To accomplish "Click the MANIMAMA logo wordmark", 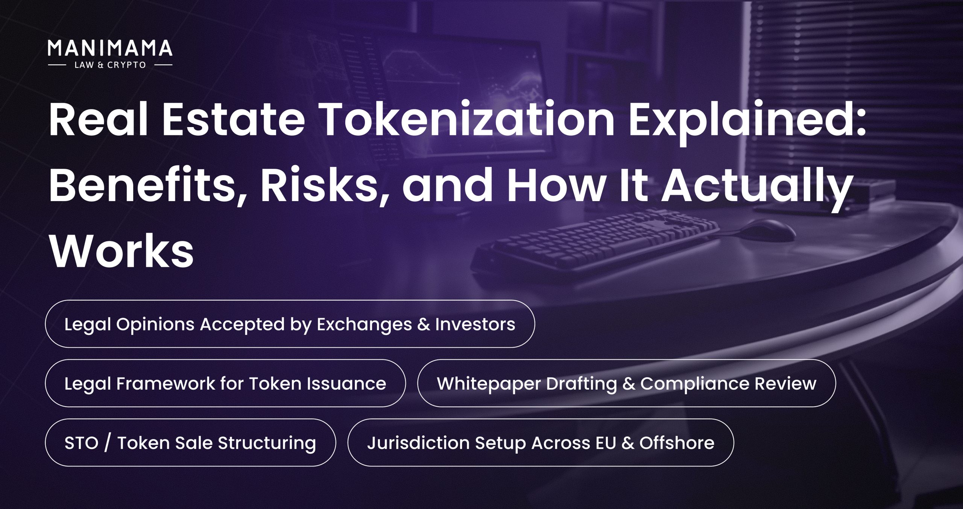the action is click(x=110, y=48).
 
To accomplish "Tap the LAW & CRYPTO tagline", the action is click(x=110, y=65).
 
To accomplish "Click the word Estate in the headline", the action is click(x=233, y=120).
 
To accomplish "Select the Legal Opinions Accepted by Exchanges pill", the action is click(x=290, y=324).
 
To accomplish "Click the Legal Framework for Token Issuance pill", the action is click(x=225, y=383).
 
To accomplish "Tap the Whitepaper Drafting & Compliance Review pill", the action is click(x=627, y=383).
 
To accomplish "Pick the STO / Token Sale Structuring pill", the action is click(x=190, y=442).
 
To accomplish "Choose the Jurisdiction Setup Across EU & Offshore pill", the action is click(x=541, y=442).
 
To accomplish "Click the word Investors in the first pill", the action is click(x=475, y=324).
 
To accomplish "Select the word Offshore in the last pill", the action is click(x=677, y=442).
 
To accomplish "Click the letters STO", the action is click(x=81, y=443).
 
